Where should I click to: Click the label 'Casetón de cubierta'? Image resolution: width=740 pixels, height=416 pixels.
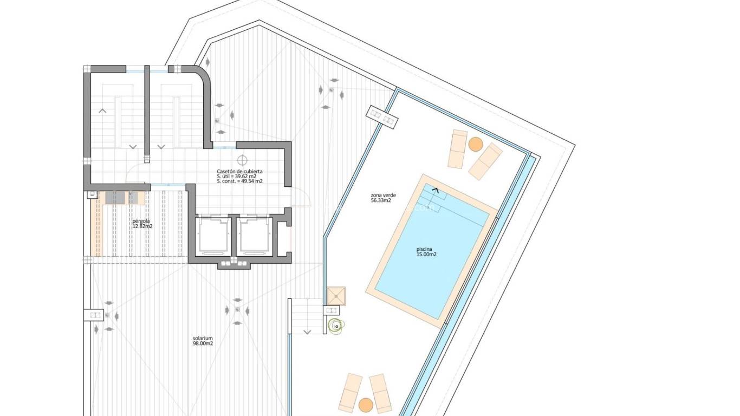click(x=239, y=171)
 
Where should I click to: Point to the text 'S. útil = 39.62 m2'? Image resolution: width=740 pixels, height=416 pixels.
click(x=237, y=176)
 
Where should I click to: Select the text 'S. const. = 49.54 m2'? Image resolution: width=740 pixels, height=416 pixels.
click(x=239, y=181)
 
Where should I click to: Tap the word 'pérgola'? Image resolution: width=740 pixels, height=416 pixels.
click(x=141, y=221)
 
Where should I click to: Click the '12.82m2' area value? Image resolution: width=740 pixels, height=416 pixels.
click(x=142, y=226)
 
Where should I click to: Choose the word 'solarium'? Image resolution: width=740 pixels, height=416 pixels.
click(x=203, y=338)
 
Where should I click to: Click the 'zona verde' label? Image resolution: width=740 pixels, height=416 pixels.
click(x=381, y=195)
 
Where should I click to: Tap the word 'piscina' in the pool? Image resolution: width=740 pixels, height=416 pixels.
click(x=424, y=249)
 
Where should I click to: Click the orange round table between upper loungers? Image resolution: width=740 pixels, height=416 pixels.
click(x=476, y=144)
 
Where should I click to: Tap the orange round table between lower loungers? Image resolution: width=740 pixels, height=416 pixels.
click(x=366, y=405)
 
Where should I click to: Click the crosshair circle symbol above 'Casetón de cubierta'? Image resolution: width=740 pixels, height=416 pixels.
click(x=242, y=160)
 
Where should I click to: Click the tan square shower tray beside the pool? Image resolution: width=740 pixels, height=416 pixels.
click(x=336, y=295)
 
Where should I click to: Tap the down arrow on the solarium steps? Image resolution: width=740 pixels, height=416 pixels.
click(x=307, y=331)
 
